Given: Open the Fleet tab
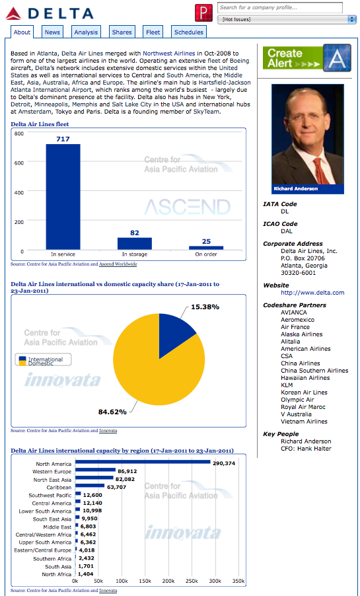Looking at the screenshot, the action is tap(153, 32).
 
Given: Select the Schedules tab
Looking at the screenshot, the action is tap(188, 32).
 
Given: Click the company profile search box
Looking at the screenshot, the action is tap(280, 7).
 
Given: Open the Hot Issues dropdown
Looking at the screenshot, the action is tap(286, 19).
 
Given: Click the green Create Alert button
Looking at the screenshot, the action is tap(307, 57).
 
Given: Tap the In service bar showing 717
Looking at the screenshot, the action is tap(63, 197).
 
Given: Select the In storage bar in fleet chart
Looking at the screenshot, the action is tap(135, 244).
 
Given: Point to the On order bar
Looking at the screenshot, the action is tap(206, 248).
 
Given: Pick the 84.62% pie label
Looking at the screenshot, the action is tap(112, 412).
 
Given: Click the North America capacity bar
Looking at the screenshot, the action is tap(143, 462).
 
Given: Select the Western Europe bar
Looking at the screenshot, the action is tap(95, 470).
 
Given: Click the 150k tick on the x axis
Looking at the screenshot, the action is tap(145, 581).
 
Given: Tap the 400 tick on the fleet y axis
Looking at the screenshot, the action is tap(19, 192).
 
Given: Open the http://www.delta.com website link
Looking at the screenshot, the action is tap(312, 293).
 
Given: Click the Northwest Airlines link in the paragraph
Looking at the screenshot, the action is tap(169, 54).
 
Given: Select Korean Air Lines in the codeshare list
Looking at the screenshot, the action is tap(304, 392).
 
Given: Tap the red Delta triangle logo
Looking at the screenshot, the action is tap(14, 14).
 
